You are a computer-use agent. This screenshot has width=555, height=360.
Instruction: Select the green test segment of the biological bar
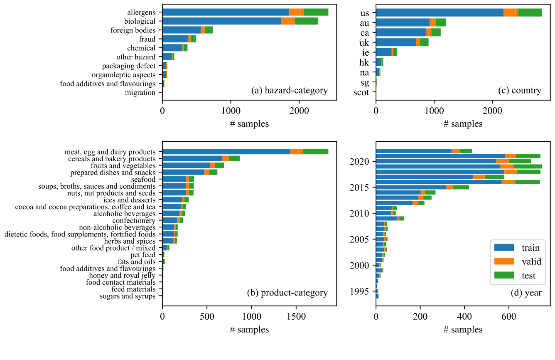coord(306,21)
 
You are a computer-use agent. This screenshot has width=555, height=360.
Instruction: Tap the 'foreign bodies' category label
coord(133,30)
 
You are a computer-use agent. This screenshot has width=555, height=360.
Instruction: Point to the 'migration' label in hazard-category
coord(140,93)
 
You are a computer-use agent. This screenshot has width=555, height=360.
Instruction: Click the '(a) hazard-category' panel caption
coord(290,91)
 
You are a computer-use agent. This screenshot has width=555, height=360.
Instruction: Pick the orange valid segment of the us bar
coord(510,12)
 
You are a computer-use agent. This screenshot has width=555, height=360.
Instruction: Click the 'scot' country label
coord(361,92)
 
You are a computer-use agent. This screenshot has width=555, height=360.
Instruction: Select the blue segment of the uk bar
coord(395,42)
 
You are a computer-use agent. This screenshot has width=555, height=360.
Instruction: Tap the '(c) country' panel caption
coord(520,91)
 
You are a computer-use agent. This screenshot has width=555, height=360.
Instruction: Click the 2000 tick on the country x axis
coord(492,111)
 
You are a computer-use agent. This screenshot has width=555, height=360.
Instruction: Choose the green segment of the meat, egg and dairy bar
coord(315,152)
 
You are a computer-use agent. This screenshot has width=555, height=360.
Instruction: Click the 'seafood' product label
coord(144,180)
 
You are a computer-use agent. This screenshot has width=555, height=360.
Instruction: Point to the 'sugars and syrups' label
coord(128,296)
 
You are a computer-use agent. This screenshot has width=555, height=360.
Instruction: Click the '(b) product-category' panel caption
coord(287,293)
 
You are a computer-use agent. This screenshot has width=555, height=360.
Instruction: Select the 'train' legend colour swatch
coord(504,248)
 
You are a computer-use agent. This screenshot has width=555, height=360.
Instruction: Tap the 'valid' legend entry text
coord(531,261)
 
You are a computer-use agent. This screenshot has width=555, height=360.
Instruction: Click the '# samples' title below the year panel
coord(463,330)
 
